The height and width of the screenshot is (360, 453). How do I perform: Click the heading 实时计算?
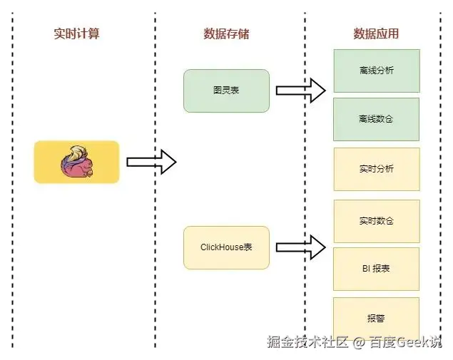pyautogui.click(x=76, y=34)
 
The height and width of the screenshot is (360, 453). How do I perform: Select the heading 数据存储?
pyautogui.click(x=226, y=34)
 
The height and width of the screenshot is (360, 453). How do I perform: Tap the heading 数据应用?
pyautogui.click(x=376, y=34)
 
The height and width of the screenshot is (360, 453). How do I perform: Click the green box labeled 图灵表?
pyautogui.click(x=226, y=91)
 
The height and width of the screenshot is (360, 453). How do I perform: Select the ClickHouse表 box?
pyautogui.click(x=226, y=247)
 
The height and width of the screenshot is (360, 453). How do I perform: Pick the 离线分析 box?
pyautogui.click(x=376, y=71)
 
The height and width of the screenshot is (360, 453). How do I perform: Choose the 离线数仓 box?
pyautogui.click(x=376, y=118)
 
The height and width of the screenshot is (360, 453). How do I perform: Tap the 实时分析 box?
pyautogui.click(x=376, y=169)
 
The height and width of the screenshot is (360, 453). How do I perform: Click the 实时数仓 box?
pyautogui.click(x=376, y=220)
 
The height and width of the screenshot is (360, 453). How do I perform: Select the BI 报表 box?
pyautogui.click(x=376, y=268)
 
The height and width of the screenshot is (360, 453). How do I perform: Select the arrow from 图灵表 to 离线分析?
pyautogui.click(x=300, y=91)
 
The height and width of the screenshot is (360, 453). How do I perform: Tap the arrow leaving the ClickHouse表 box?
pyautogui.click(x=300, y=247)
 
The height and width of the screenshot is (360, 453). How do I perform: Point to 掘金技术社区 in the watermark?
pyautogui.click(x=307, y=342)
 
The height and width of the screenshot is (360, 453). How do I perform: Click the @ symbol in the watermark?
pyautogui.click(x=359, y=343)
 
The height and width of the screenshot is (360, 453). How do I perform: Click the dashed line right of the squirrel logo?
pyautogui.click(x=156, y=214)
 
